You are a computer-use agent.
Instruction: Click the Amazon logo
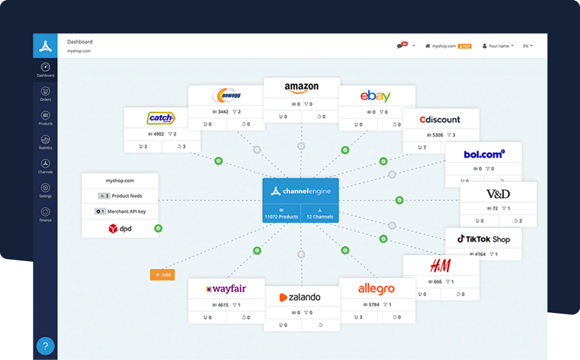click(x=301, y=87)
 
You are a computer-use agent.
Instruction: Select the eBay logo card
click(x=376, y=96)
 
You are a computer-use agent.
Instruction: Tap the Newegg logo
click(x=226, y=96)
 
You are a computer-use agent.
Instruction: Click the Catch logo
click(x=161, y=118)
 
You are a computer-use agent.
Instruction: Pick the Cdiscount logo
click(x=440, y=120)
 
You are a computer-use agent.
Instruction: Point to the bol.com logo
click(x=484, y=154)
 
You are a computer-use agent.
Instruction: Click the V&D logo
click(x=498, y=193)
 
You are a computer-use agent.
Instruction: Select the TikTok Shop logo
click(x=483, y=239)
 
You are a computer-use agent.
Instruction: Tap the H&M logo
click(x=440, y=266)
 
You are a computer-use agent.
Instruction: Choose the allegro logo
click(x=376, y=288)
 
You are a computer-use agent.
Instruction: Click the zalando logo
click(x=300, y=297)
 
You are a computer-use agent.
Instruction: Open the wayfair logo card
click(x=226, y=289)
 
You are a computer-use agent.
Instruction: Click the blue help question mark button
click(x=45, y=346)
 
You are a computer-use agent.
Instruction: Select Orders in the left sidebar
click(x=45, y=94)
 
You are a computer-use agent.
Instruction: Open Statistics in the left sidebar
click(x=45, y=141)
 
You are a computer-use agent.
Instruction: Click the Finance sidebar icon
click(x=45, y=214)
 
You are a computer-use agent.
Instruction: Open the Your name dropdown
click(x=498, y=46)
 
